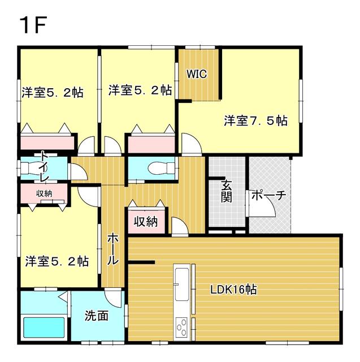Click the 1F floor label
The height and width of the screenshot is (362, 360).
click(33, 25)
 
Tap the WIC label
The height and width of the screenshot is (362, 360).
click(197, 74)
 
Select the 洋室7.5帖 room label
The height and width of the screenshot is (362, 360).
click(256, 120)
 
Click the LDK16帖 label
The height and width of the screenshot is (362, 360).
click(233, 289)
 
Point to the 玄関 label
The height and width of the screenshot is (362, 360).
click(226, 191)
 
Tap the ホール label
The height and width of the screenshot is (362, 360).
click(113, 249)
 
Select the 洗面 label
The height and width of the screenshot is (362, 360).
click(97, 316)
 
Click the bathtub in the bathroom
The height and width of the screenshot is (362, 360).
click(44, 327)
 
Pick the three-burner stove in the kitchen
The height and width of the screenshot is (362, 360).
click(182, 327)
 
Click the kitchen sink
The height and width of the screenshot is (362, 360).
click(182, 284)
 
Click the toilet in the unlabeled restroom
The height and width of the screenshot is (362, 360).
click(161, 168)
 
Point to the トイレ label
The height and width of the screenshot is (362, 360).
click(45, 166)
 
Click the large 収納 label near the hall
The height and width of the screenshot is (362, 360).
click(146, 222)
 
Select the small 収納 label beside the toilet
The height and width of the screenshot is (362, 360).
click(44, 193)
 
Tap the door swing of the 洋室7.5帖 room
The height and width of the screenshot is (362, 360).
click(191, 143)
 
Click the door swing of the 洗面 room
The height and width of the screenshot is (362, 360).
click(113, 298)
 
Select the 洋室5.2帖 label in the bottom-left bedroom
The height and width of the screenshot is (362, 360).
click(57, 261)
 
